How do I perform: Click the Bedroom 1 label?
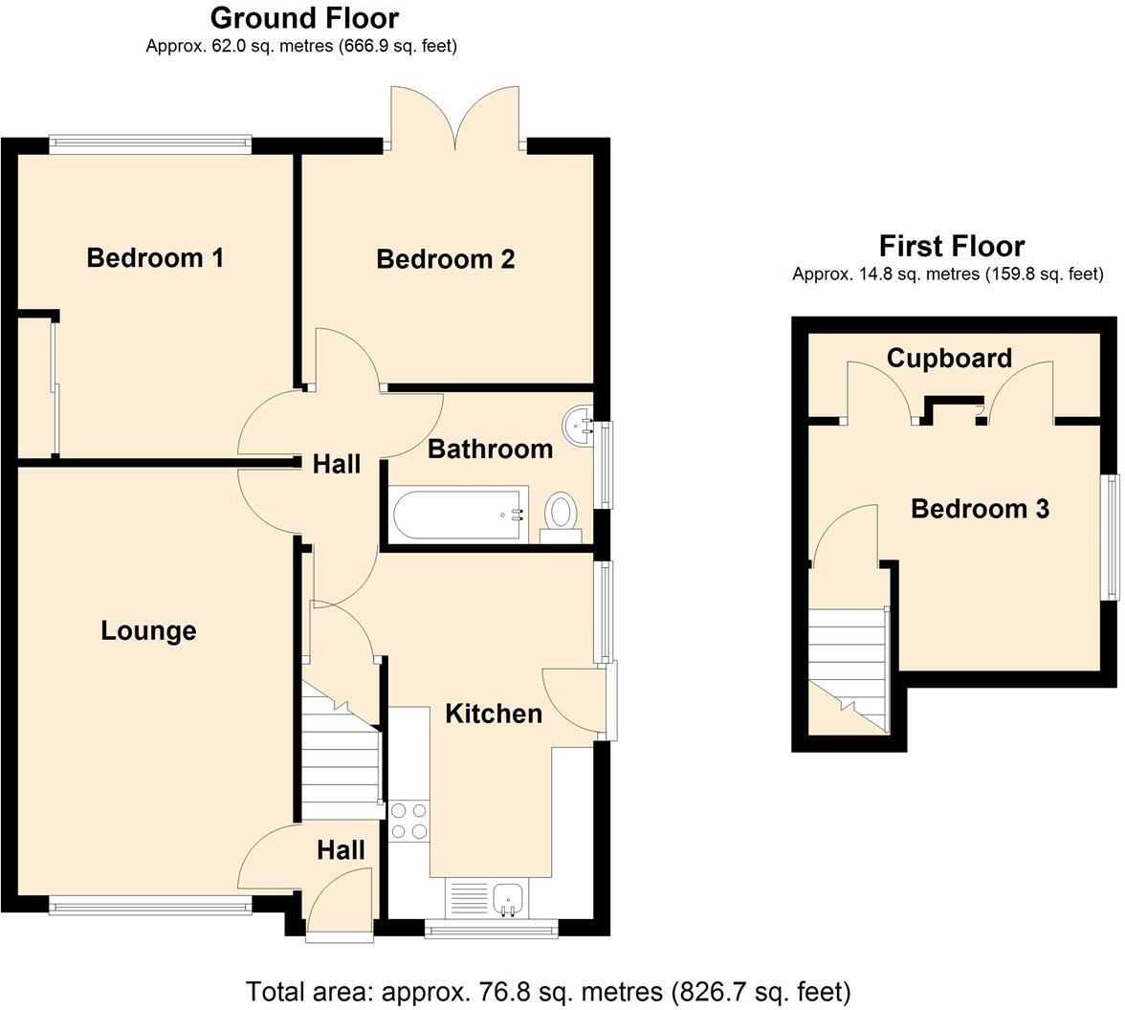[x=155, y=257]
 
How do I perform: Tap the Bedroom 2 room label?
[x=445, y=259]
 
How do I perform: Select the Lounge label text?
[x=148, y=631]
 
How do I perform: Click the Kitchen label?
[x=494, y=714]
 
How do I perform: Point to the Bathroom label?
[x=490, y=449]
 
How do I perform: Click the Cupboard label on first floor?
[x=948, y=359]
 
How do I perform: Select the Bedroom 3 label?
[x=980, y=509]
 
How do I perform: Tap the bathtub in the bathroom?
[x=458, y=514]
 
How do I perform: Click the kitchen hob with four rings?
[x=409, y=821]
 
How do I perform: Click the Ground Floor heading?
[x=304, y=17]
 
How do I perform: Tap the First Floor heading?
[x=951, y=247]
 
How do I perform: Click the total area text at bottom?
[x=548, y=991]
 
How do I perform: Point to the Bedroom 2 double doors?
[x=456, y=120]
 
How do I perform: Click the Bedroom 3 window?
[x=1112, y=537]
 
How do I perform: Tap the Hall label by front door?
[x=341, y=850]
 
